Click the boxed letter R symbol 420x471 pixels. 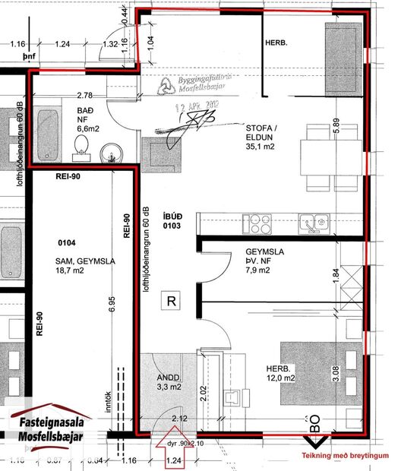point(172,301)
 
